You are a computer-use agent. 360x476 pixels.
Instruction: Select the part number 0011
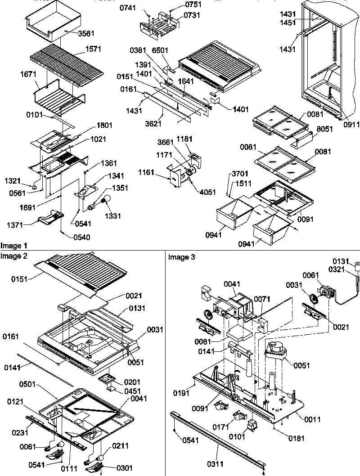click(x=312, y=419)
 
